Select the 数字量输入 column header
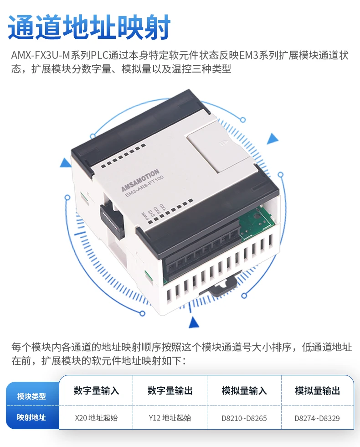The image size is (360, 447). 96,391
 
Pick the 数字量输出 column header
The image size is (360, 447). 170,391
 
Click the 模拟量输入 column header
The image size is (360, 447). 244,391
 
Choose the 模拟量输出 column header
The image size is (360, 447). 318,391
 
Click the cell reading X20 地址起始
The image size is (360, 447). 96,417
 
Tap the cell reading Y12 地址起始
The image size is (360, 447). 170,417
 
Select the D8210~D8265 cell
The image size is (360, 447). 244,417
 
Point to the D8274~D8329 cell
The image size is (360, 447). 317,417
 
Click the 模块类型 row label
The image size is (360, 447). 31,396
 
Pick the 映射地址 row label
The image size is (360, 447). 31,417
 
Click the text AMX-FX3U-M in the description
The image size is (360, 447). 41,56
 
